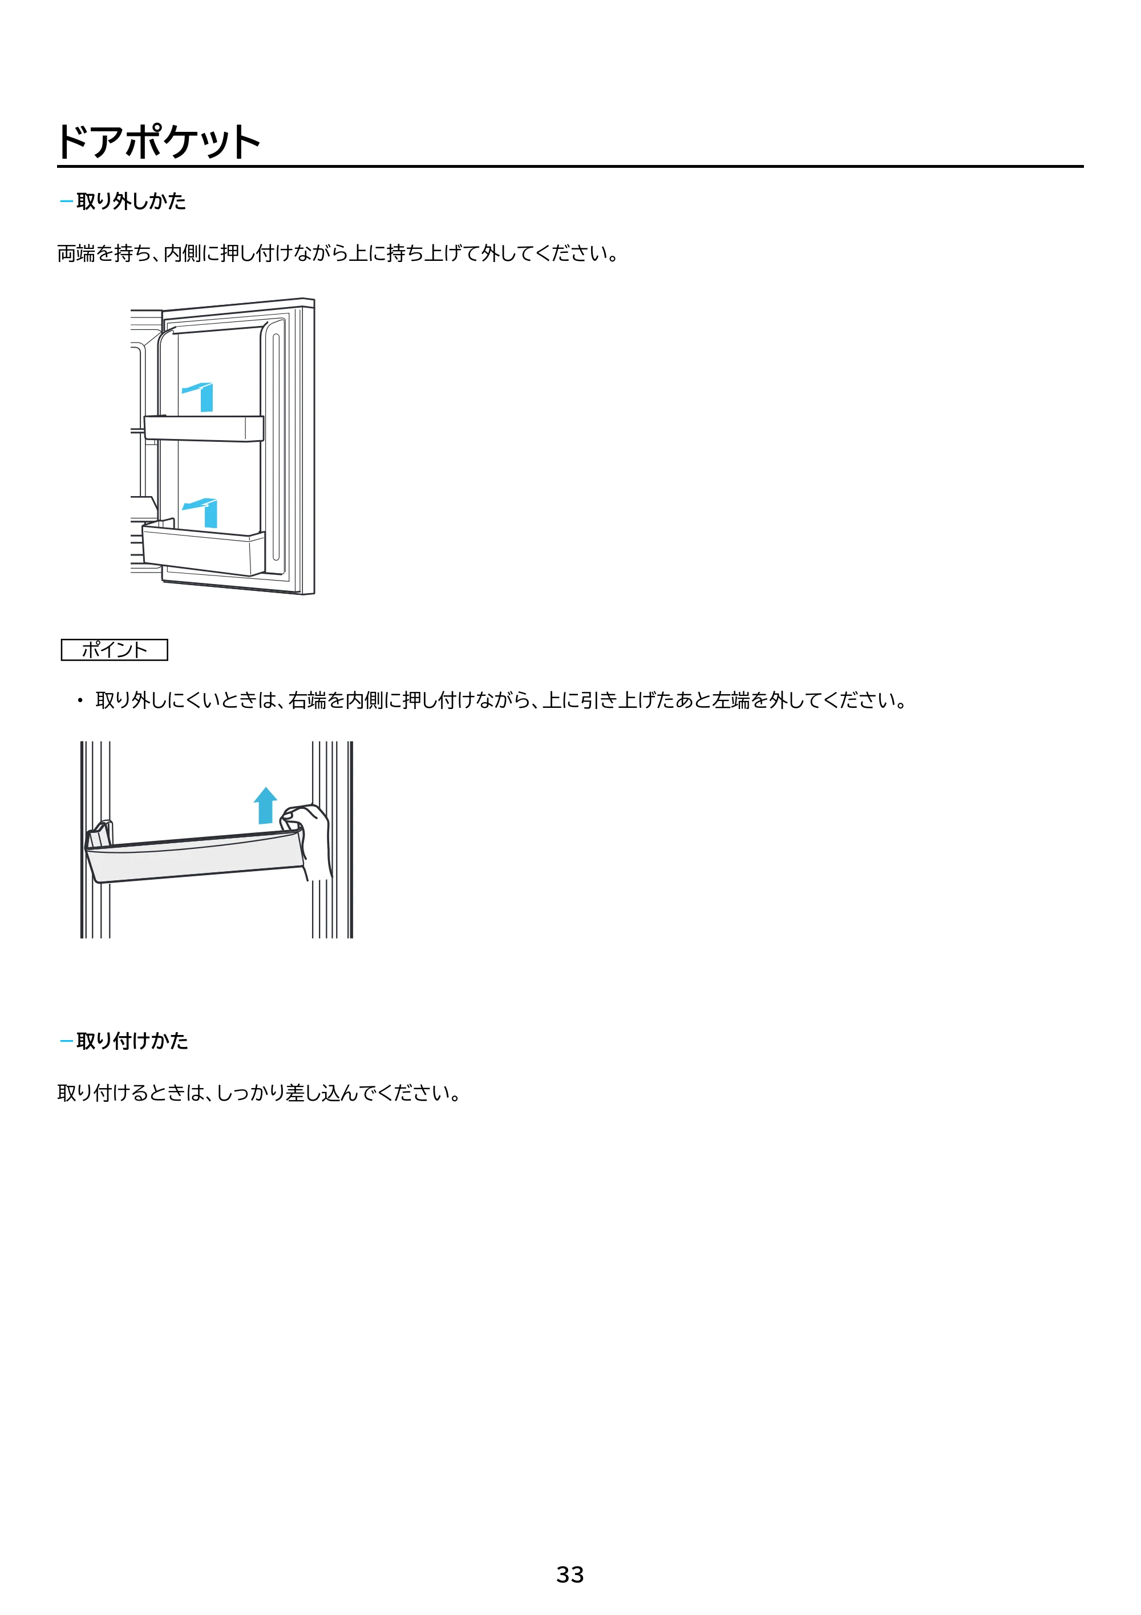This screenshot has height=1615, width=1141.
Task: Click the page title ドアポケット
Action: [x=159, y=142]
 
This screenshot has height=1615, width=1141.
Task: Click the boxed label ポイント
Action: [x=115, y=649]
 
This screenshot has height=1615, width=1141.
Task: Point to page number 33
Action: [x=570, y=1574]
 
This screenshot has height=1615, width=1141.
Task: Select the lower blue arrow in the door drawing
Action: [x=201, y=513]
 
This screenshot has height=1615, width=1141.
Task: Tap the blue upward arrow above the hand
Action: [x=265, y=806]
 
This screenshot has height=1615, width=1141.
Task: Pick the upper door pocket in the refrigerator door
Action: [x=204, y=428]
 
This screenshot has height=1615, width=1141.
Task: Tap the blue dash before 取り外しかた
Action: [x=67, y=202]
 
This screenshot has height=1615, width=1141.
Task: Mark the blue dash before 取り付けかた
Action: [x=67, y=1041]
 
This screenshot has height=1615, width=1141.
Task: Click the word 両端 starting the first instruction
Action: [x=76, y=253]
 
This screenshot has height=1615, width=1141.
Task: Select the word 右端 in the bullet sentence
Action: [x=307, y=700]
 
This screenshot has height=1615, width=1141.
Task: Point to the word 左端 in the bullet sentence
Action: [x=731, y=700]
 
